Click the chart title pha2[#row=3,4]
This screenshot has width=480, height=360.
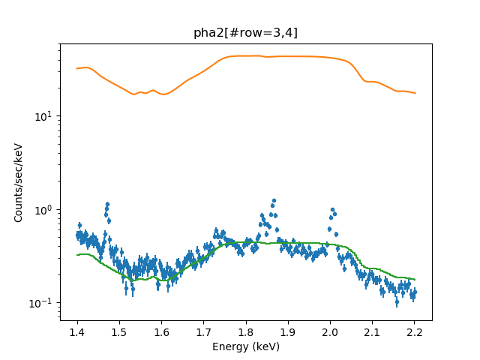(x=245, y=32)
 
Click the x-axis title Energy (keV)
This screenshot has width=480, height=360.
(x=245, y=346)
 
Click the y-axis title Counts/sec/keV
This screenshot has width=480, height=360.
(x=19, y=182)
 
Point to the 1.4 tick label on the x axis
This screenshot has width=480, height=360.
(x=76, y=331)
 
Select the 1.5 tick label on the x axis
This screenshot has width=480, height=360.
(x=118, y=331)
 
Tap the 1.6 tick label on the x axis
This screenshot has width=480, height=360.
(x=161, y=331)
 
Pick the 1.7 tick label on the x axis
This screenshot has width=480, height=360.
(x=203, y=331)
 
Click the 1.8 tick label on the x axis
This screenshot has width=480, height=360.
(x=245, y=331)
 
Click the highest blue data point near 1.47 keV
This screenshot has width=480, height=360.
(x=108, y=204)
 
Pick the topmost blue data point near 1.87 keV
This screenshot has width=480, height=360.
(x=274, y=200)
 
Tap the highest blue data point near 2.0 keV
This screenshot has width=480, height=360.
(x=331, y=210)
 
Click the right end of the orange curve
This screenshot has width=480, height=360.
(x=415, y=93)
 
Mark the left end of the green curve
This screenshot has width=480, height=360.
(x=77, y=255)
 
